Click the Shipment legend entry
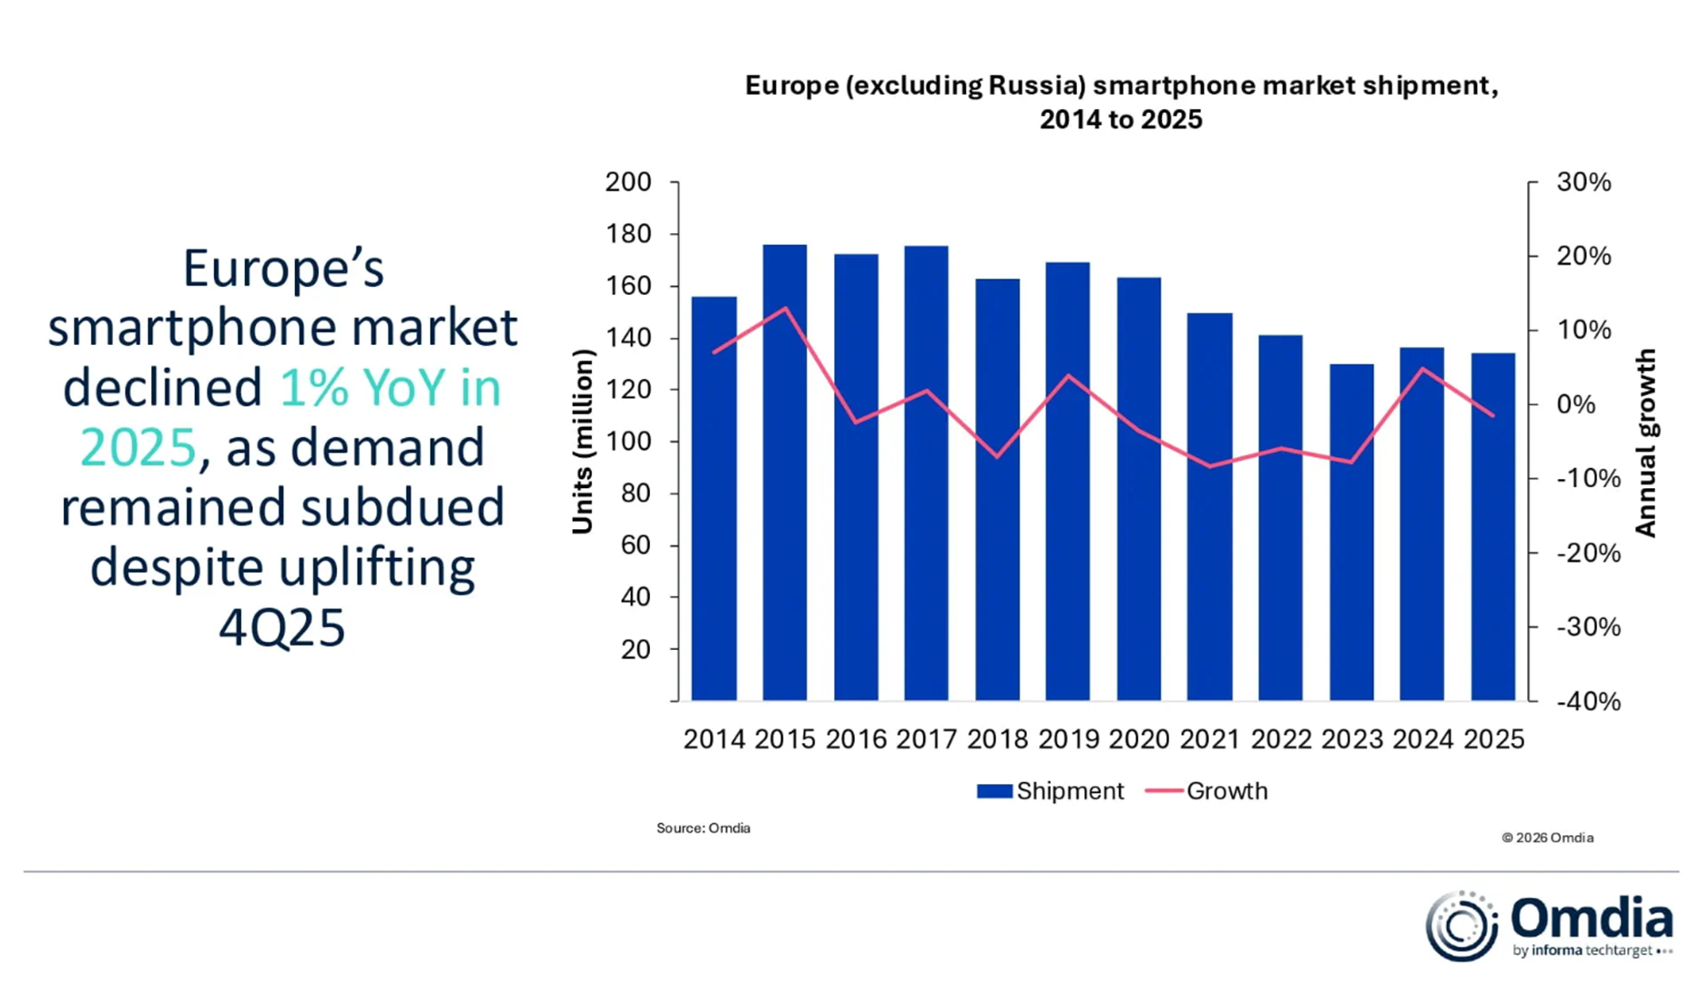(x=1051, y=790)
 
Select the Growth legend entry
(x=1206, y=790)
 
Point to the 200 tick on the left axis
(x=628, y=182)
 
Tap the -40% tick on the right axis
(x=1588, y=701)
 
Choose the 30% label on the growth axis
(x=1583, y=182)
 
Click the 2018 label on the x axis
(x=997, y=739)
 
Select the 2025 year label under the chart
(x=1493, y=739)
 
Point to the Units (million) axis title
(x=582, y=442)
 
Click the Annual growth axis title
(x=1645, y=443)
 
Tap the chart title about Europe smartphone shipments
(x=1121, y=102)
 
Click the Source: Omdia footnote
(x=703, y=828)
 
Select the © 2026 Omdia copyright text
(x=1547, y=838)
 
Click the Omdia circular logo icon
(x=1461, y=926)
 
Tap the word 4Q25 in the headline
(x=282, y=626)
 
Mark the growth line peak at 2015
(x=785, y=308)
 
